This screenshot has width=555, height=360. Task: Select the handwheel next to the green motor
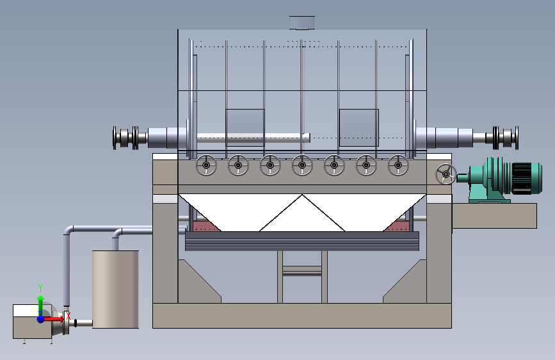point(446,174)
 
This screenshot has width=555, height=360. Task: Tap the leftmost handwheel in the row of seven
point(206,165)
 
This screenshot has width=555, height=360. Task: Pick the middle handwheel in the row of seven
point(302,165)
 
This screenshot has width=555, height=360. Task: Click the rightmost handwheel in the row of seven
point(398,165)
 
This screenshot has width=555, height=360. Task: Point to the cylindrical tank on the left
point(115,289)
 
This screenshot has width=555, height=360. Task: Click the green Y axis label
point(40,288)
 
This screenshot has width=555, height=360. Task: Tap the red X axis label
point(68,315)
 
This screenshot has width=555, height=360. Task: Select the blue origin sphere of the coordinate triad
point(41,319)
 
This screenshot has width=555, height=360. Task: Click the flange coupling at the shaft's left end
point(125,138)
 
